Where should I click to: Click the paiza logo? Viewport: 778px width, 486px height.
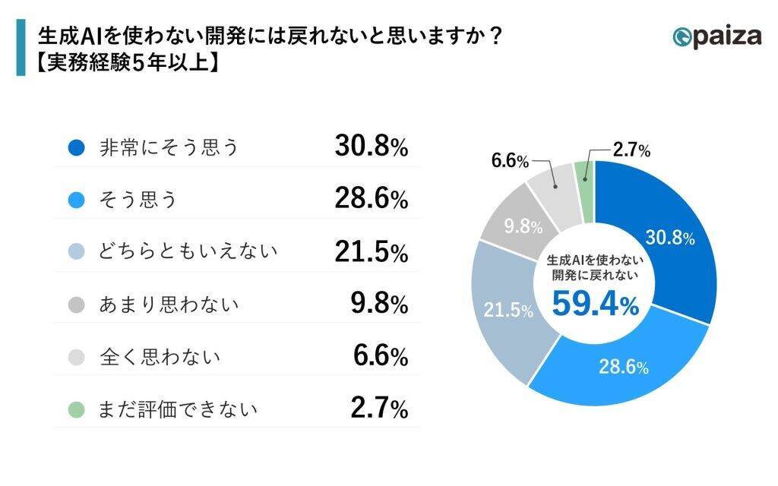(716, 36)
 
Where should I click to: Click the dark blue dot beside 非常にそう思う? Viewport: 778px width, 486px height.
(75, 148)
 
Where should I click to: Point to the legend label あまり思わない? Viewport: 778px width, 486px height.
(169, 305)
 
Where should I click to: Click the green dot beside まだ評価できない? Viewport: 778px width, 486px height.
(75, 409)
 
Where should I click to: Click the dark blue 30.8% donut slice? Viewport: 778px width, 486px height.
(669, 243)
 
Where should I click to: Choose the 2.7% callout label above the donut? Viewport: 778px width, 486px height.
(631, 151)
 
